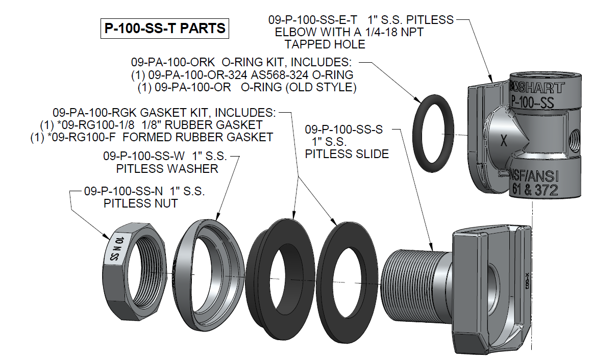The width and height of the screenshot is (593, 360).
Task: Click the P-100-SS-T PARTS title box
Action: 164,28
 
